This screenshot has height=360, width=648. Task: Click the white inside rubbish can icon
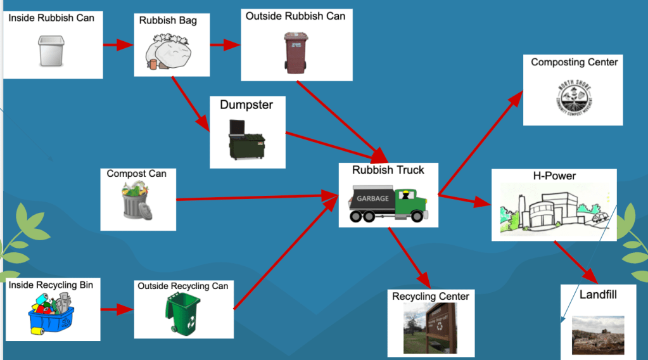click(x=51, y=51)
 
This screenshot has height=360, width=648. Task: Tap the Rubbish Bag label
click(x=168, y=21)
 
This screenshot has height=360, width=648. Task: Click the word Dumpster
click(x=246, y=105)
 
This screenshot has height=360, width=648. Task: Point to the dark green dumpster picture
click(x=246, y=139)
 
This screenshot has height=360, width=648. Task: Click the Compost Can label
click(x=136, y=174)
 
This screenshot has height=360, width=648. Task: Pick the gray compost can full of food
click(x=137, y=201)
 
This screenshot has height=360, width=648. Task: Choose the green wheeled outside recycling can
click(x=182, y=312)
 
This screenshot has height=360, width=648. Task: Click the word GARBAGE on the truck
click(x=372, y=198)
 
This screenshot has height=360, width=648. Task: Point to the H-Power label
click(x=554, y=176)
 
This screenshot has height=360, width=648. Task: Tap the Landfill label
click(x=598, y=295)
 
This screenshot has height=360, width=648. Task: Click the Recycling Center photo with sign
click(x=431, y=328)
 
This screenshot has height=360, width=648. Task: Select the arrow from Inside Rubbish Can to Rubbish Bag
click(x=118, y=45)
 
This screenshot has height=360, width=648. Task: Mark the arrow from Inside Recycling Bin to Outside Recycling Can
click(x=117, y=311)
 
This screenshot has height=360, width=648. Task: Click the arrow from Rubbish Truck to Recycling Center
click(x=409, y=257)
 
